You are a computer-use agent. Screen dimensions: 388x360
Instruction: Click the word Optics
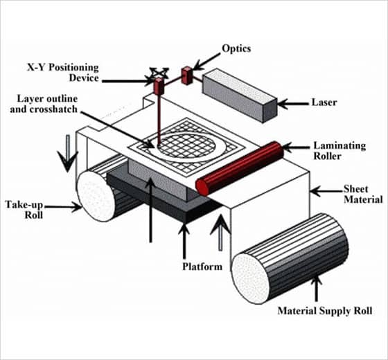tap(236, 48)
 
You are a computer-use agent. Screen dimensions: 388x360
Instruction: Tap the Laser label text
tap(324, 102)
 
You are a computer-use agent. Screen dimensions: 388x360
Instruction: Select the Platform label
tap(202, 267)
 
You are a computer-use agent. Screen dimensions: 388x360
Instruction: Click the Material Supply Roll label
tap(325, 311)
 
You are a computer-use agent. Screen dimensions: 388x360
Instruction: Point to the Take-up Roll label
tap(24, 210)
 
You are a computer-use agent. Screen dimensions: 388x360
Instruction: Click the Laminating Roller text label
tap(339, 151)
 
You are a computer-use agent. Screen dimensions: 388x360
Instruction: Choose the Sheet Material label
tap(363, 194)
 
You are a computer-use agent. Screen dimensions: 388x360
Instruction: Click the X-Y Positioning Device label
tap(63, 73)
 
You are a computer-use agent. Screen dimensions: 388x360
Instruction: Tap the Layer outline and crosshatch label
tap(44, 104)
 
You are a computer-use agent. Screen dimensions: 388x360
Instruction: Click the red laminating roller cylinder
tap(240, 168)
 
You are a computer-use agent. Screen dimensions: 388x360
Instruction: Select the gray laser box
tap(240, 96)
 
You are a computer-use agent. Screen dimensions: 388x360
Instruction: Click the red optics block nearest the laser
tap(187, 75)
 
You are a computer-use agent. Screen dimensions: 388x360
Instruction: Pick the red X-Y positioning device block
tap(159, 86)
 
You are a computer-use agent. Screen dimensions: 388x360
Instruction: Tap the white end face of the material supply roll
tap(250, 278)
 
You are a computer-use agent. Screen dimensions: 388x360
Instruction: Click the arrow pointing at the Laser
tap(294, 103)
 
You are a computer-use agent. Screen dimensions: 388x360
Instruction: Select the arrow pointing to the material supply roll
tap(317, 288)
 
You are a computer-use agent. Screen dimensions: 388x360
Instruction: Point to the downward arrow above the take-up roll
tap(67, 153)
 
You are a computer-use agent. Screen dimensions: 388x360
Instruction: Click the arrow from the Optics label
tap(207, 62)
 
